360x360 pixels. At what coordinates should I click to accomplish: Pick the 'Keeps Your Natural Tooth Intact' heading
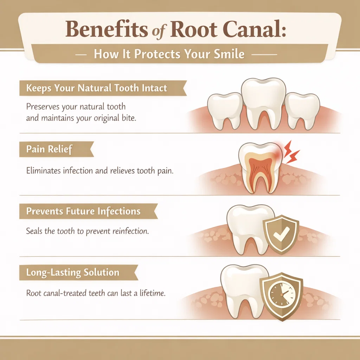click(97, 88)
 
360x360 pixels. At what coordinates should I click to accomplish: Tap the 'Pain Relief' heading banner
click(49, 149)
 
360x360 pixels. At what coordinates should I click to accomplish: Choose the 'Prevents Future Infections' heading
click(83, 212)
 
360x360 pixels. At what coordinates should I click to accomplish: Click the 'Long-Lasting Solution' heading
click(73, 272)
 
